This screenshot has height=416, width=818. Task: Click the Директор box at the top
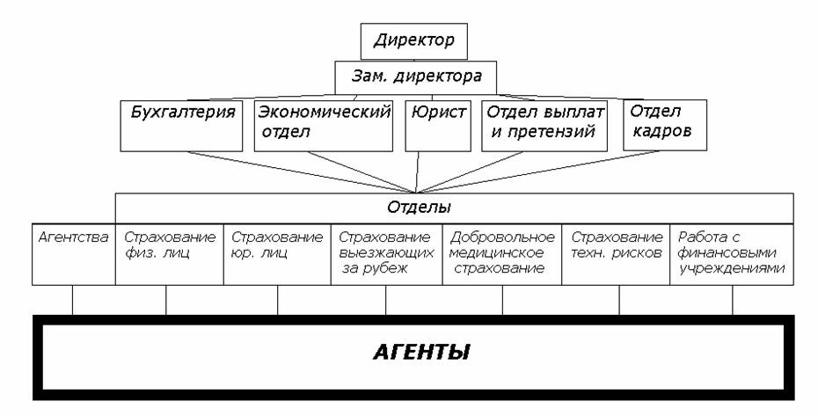click(413, 41)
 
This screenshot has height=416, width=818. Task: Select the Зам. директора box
click(415, 77)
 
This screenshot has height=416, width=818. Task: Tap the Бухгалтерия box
click(181, 125)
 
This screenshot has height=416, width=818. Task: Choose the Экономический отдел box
click(324, 125)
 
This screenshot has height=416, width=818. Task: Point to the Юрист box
click(438, 125)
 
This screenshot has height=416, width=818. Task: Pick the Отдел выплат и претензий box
click(544, 125)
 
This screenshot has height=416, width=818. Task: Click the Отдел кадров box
click(665, 125)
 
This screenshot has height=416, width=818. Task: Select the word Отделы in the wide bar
click(419, 208)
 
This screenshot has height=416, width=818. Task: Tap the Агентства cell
click(74, 255)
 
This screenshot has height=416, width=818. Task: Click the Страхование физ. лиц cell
click(170, 255)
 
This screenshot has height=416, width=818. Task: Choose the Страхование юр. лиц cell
click(278, 255)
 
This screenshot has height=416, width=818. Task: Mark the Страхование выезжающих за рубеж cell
click(386, 255)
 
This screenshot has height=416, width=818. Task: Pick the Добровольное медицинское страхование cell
click(502, 255)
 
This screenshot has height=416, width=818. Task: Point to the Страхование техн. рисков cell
click(616, 255)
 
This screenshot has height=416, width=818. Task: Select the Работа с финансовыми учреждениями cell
click(732, 255)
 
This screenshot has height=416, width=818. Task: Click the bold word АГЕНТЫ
click(421, 354)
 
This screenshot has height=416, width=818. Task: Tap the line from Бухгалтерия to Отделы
click(302, 172)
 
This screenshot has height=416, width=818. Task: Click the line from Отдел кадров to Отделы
click(537, 172)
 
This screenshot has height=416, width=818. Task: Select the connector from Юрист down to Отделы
click(417, 172)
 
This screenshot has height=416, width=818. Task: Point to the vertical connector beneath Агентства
click(72, 300)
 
